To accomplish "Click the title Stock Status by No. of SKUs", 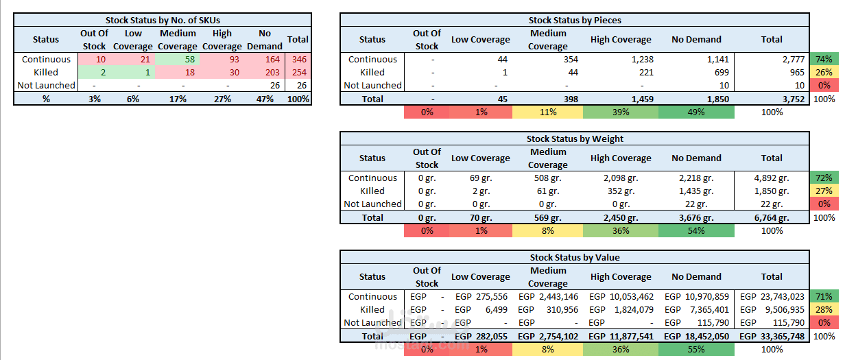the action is pos(163,20).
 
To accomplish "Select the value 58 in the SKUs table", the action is pos(190,59).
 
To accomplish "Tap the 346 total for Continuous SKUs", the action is pos(299,59).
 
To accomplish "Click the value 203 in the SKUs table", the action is pos(272,73).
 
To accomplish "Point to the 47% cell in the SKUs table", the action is pos(265,99).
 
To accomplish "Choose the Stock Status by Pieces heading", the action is pos(575,20).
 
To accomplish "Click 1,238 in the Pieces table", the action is pos(643,59).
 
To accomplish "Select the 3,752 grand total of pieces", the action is pos(794,99).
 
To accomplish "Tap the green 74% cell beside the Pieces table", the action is pos(824,59).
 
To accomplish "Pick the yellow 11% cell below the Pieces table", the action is pos(548,112).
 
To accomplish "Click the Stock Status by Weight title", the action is pos(575,139).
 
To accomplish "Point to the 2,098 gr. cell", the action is pos(621,178).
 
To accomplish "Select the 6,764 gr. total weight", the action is pos(772,217).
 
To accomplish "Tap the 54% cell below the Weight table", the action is pos(696,230).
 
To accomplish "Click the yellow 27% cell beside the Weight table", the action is pos(824,191).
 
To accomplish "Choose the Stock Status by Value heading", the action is pos(575,257).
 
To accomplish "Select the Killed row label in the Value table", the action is pos(372,309).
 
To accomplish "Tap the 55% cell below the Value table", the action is pos(696,350).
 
